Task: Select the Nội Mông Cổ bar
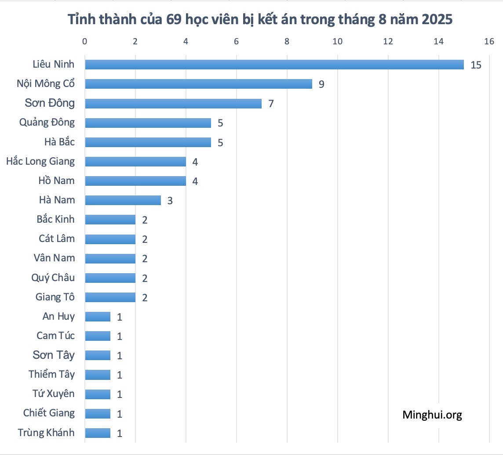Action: [x=198, y=84]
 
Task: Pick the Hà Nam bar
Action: [x=123, y=200]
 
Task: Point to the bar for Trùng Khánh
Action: [x=98, y=433]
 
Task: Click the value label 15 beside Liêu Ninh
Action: [x=476, y=65]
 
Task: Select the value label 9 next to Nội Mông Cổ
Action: [x=321, y=84]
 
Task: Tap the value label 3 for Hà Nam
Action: [x=170, y=201]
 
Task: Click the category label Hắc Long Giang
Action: [x=40, y=161]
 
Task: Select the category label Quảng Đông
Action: [x=47, y=122]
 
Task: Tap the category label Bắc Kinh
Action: [x=56, y=219]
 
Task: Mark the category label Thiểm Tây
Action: [x=52, y=374]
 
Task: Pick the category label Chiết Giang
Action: [x=49, y=413]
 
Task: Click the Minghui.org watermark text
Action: [x=432, y=415]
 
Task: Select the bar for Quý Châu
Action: [x=110, y=278]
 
